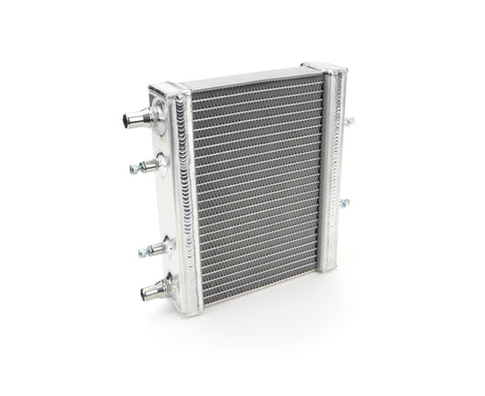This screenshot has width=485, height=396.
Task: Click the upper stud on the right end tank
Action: click(x=347, y=122)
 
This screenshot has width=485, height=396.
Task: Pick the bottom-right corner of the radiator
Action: click(x=330, y=271)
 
